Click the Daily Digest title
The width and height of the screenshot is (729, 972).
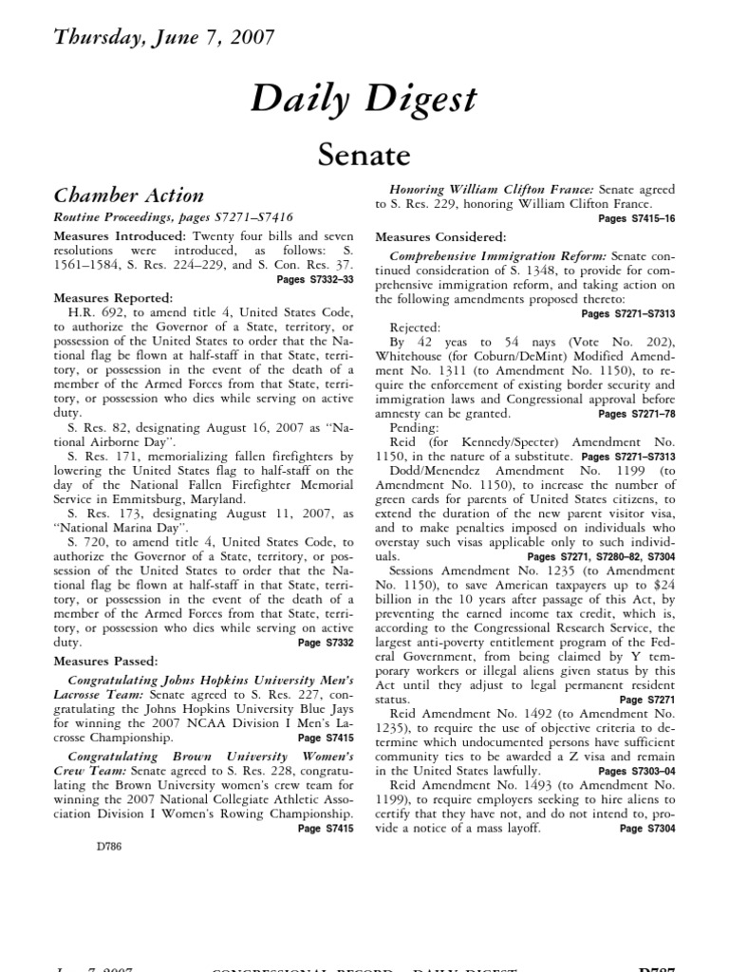(364, 101)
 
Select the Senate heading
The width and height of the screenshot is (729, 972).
(364, 153)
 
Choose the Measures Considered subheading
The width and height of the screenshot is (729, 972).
(440, 235)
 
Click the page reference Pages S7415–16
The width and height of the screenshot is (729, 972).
(637, 218)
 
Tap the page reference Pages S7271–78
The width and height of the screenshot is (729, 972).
(637, 414)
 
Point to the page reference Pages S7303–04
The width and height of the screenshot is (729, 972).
(637, 773)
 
